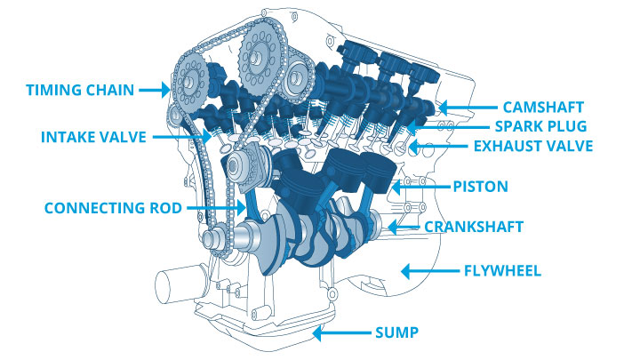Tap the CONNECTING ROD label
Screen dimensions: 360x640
click(x=113, y=208)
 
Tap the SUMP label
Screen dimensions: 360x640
click(x=396, y=333)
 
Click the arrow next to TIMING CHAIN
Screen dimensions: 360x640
click(x=157, y=89)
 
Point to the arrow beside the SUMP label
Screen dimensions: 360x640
click(x=340, y=333)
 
